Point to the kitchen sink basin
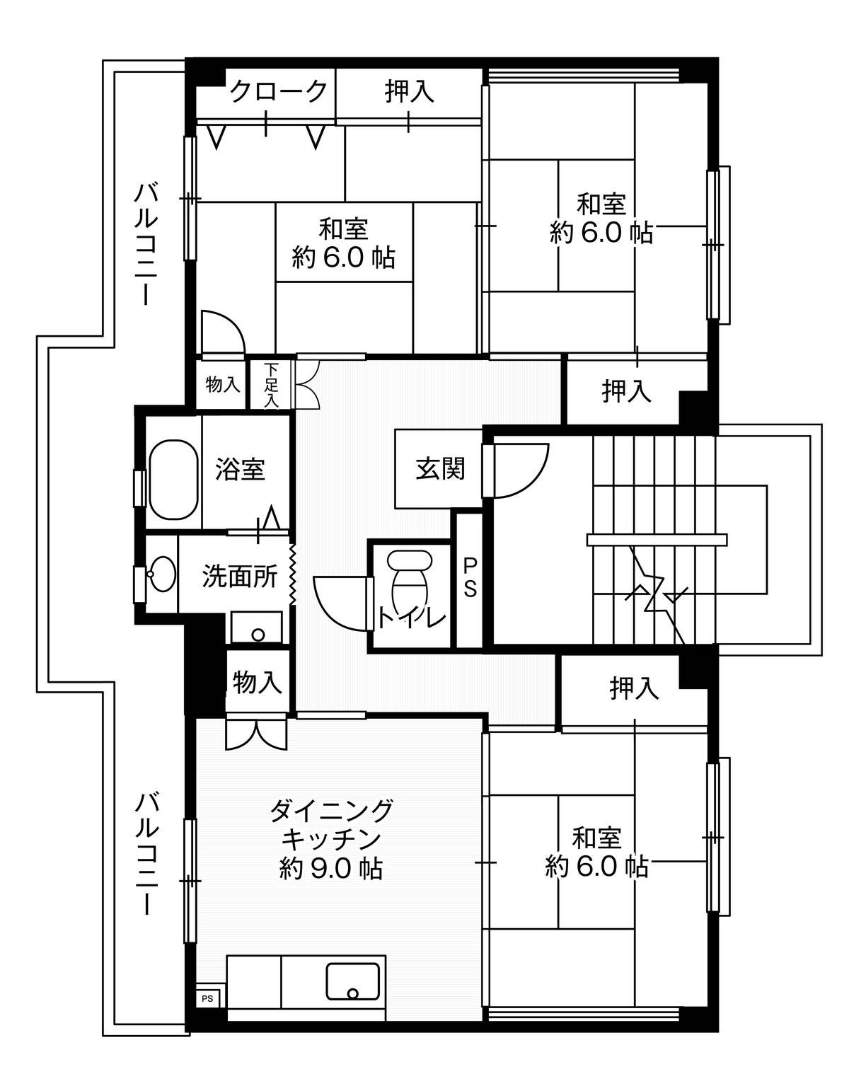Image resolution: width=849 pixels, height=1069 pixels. click(x=352, y=981)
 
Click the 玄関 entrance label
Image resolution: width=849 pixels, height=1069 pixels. click(x=439, y=468)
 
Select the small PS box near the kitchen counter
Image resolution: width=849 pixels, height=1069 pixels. click(x=207, y=999)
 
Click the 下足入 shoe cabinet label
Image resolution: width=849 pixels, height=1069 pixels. click(x=272, y=385)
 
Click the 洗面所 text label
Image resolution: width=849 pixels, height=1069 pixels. click(x=240, y=577)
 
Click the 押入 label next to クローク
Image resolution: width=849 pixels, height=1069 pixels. click(x=409, y=91)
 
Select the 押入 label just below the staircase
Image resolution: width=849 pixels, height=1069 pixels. click(x=634, y=688)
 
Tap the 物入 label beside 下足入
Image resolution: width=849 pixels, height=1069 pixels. click(x=223, y=385)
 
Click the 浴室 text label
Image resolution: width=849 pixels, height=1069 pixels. click(x=241, y=469)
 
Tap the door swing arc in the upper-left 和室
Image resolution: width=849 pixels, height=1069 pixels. click(x=225, y=327)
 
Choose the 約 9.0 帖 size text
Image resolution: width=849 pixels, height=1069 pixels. click(x=331, y=868)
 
